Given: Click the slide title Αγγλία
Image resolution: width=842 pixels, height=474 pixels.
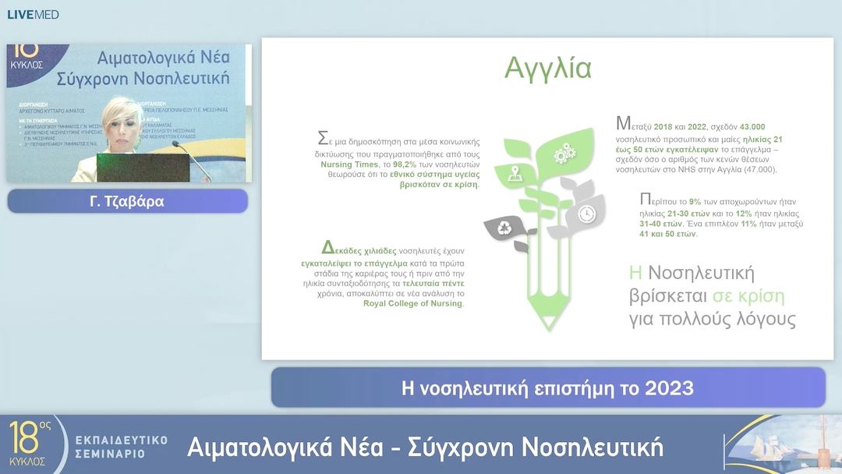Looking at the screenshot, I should [x=548, y=68].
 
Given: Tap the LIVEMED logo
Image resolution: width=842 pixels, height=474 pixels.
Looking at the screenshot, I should [x=33, y=14].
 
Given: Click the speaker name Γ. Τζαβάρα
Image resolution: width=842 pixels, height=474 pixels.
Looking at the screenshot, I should [x=127, y=201].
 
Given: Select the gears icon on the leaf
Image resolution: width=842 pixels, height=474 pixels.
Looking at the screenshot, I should [x=564, y=154].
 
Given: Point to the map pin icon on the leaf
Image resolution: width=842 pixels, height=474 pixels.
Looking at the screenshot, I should [x=515, y=173].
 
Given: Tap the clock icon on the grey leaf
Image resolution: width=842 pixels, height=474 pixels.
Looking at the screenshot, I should [x=586, y=214].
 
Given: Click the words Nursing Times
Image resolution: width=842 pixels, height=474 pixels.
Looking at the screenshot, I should [x=351, y=164].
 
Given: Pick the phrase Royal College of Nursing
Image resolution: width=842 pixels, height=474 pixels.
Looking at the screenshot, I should [x=413, y=304].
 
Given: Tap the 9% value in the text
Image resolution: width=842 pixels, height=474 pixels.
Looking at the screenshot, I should [x=695, y=201].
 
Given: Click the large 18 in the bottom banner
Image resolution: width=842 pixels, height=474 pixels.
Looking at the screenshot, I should [x=23, y=438].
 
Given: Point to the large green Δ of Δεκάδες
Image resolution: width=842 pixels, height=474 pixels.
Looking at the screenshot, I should [x=327, y=247].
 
